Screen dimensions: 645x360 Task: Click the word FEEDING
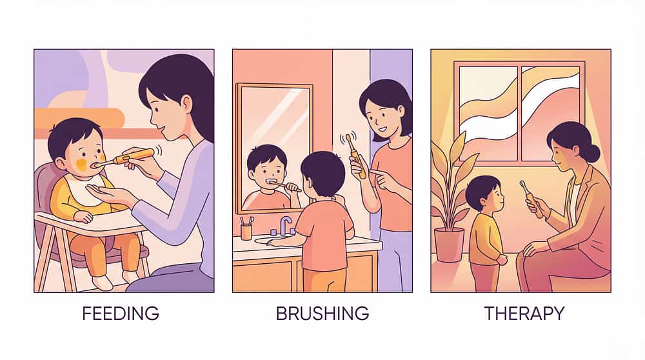coord(121,314)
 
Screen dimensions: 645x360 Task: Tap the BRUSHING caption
coord(322,314)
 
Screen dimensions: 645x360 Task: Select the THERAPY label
coord(524,314)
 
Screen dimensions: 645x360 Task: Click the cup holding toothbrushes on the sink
coord(246,230)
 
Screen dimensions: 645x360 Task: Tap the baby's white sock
coord(102,282)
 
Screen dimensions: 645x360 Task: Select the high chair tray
coord(88,225)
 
